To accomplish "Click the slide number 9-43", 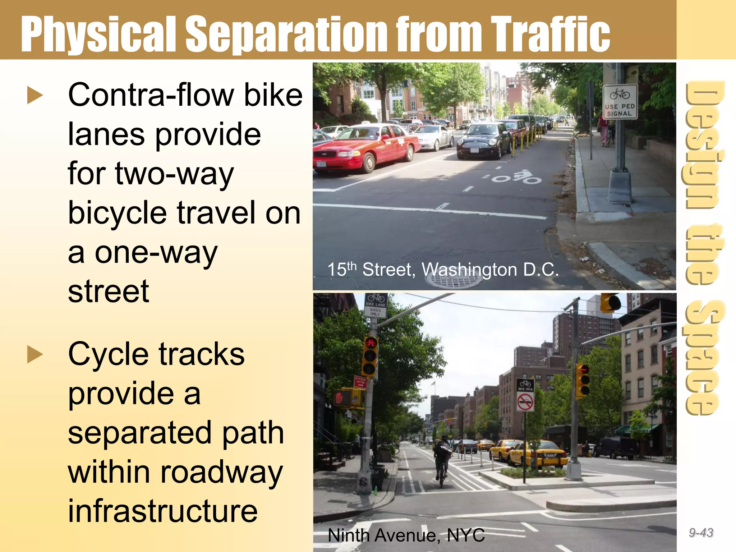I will [701, 532].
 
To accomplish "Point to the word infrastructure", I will [163, 511].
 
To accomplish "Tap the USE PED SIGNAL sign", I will [620, 102].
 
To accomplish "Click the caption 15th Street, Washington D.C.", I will [443, 270].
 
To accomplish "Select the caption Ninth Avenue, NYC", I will [406, 535].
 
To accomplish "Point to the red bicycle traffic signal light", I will [371, 344].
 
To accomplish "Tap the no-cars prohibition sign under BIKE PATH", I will [525, 401].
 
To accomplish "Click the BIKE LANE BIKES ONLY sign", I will [376, 305].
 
